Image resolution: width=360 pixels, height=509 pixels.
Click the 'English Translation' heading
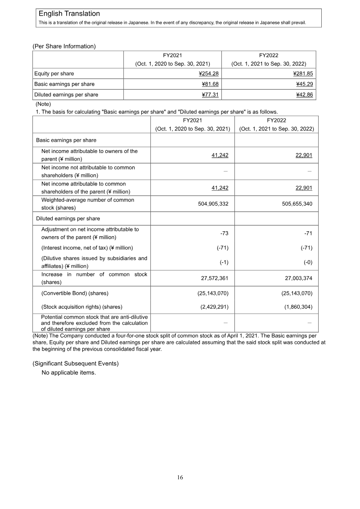(69, 14)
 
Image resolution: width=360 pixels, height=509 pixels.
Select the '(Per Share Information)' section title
(64, 46)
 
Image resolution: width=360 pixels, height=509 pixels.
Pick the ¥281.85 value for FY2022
(303, 73)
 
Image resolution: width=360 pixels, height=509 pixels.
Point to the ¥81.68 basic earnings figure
(209, 84)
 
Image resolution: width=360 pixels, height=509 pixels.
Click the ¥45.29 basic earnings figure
(304, 84)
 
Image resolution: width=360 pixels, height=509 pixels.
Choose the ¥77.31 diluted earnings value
(209, 95)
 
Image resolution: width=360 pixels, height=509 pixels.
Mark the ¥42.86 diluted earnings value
(304, 95)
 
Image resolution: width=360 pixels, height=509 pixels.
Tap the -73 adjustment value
(224, 233)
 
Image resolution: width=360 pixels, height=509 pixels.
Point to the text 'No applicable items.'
(69, 373)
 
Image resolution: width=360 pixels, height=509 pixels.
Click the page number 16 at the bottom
(180, 478)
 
